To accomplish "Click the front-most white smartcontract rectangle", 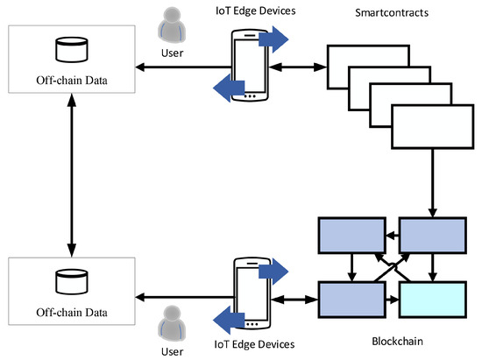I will (x=430, y=126).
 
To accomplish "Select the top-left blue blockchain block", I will (x=351, y=234).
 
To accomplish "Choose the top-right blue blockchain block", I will (x=431, y=234).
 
